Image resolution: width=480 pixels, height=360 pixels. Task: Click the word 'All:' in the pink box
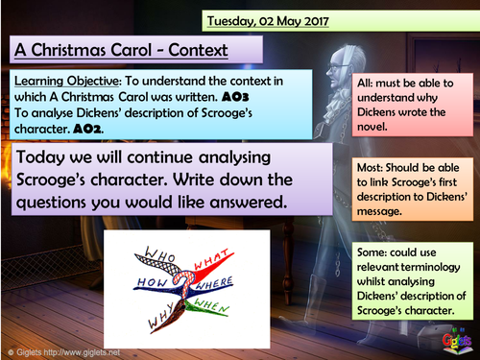(370, 83)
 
